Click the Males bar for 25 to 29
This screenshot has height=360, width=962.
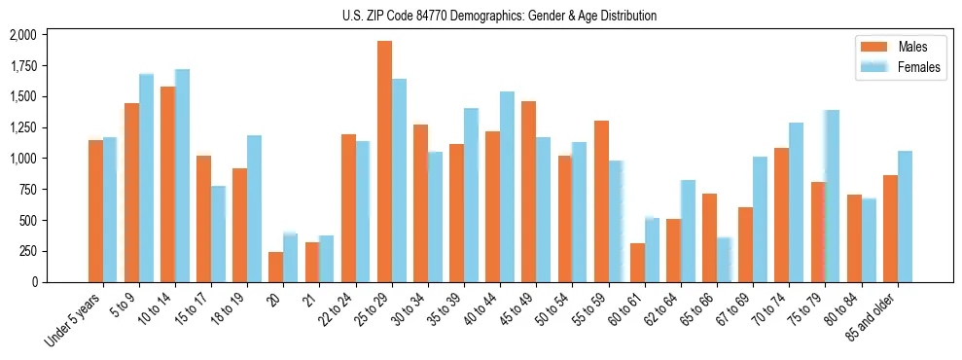[384, 162]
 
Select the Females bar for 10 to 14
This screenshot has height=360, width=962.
[182, 175]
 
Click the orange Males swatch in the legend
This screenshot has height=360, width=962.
[873, 47]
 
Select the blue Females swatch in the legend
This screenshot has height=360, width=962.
[873, 67]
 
